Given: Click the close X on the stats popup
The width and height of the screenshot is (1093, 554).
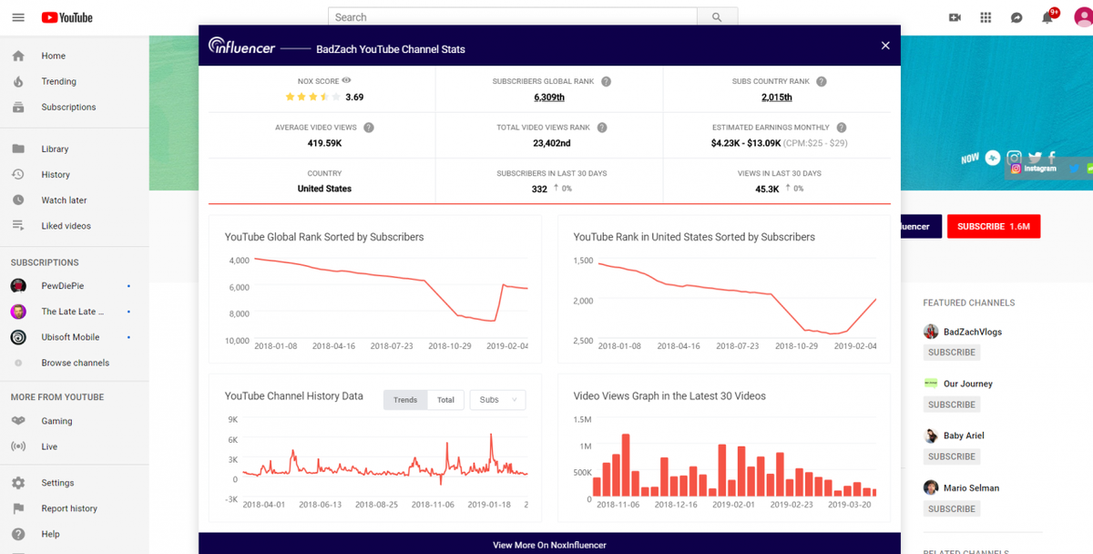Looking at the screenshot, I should [x=884, y=46].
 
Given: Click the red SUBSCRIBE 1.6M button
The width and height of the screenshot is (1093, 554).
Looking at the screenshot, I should [x=993, y=226].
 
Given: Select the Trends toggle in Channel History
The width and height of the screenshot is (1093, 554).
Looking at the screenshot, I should [x=405, y=400].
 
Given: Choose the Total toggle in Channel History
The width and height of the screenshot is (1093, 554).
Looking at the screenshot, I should [x=445, y=400].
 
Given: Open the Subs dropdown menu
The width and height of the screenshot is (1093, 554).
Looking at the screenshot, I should [x=497, y=400].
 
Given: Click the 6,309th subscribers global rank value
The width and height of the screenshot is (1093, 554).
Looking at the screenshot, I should [x=548, y=97].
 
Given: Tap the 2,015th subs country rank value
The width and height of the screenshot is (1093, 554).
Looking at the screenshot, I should [x=776, y=97].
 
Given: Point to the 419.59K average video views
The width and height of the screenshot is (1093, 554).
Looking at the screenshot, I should [x=324, y=143].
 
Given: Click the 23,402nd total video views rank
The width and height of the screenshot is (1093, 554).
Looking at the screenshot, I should [x=551, y=143].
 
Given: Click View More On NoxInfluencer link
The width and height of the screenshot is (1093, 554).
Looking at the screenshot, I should [x=549, y=545].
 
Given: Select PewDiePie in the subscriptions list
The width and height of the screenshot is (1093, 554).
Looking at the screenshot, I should [x=62, y=286].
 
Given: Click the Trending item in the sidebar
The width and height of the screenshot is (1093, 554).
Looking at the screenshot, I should [x=58, y=81].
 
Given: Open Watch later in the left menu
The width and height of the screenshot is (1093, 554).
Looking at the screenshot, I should [x=64, y=200].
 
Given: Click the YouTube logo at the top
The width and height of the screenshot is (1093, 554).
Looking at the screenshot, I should [x=66, y=17].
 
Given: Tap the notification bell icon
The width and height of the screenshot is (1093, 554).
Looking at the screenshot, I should [x=1047, y=17].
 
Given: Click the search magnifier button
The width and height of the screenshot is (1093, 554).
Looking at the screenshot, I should [x=717, y=17].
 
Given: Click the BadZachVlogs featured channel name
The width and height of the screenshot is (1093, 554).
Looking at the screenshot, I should [x=972, y=332].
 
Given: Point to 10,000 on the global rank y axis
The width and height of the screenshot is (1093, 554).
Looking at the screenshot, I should [x=238, y=341].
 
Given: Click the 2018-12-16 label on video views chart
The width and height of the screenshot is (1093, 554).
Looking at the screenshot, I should [x=675, y=504].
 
